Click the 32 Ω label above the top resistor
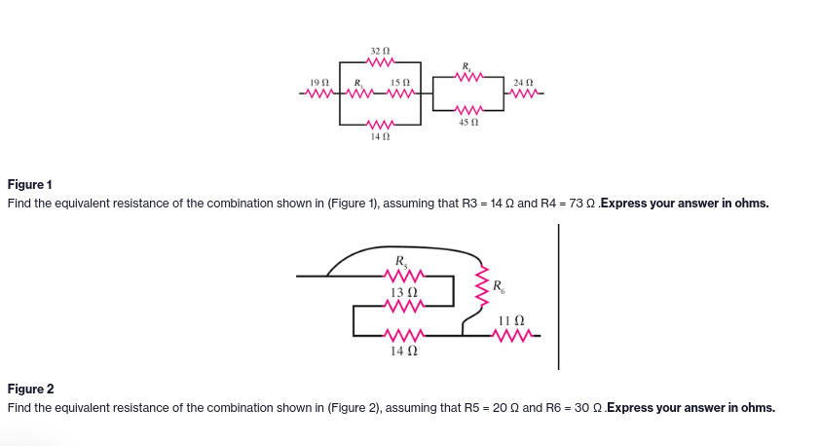pos(379,50)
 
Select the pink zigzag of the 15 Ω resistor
pos(399,94)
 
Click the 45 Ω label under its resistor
pos(469,124)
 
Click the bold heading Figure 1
pos(30,184)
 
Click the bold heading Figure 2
pos(31,389)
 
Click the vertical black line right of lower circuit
pos(558,297)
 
